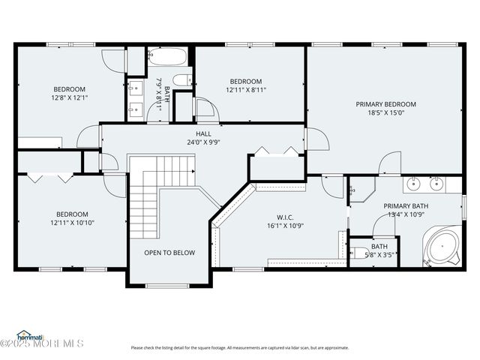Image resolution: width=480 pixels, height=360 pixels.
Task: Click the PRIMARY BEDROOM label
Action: pos(385,104)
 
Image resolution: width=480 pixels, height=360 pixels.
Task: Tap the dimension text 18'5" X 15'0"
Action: pos(385,113)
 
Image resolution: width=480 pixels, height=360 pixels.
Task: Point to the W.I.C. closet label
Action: pos(285,217)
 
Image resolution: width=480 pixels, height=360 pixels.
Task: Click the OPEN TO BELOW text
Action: pos(169,253)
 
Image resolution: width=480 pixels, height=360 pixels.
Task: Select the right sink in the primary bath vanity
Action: pos(437,183)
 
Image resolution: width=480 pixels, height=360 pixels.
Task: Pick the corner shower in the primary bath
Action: pos(361,190)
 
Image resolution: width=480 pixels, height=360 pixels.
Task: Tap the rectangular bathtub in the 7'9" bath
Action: pos(168,57)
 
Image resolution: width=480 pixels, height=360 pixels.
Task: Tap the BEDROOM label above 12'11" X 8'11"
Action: pos(245,81)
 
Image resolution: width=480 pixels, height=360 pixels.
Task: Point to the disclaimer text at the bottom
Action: pos(239,347)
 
